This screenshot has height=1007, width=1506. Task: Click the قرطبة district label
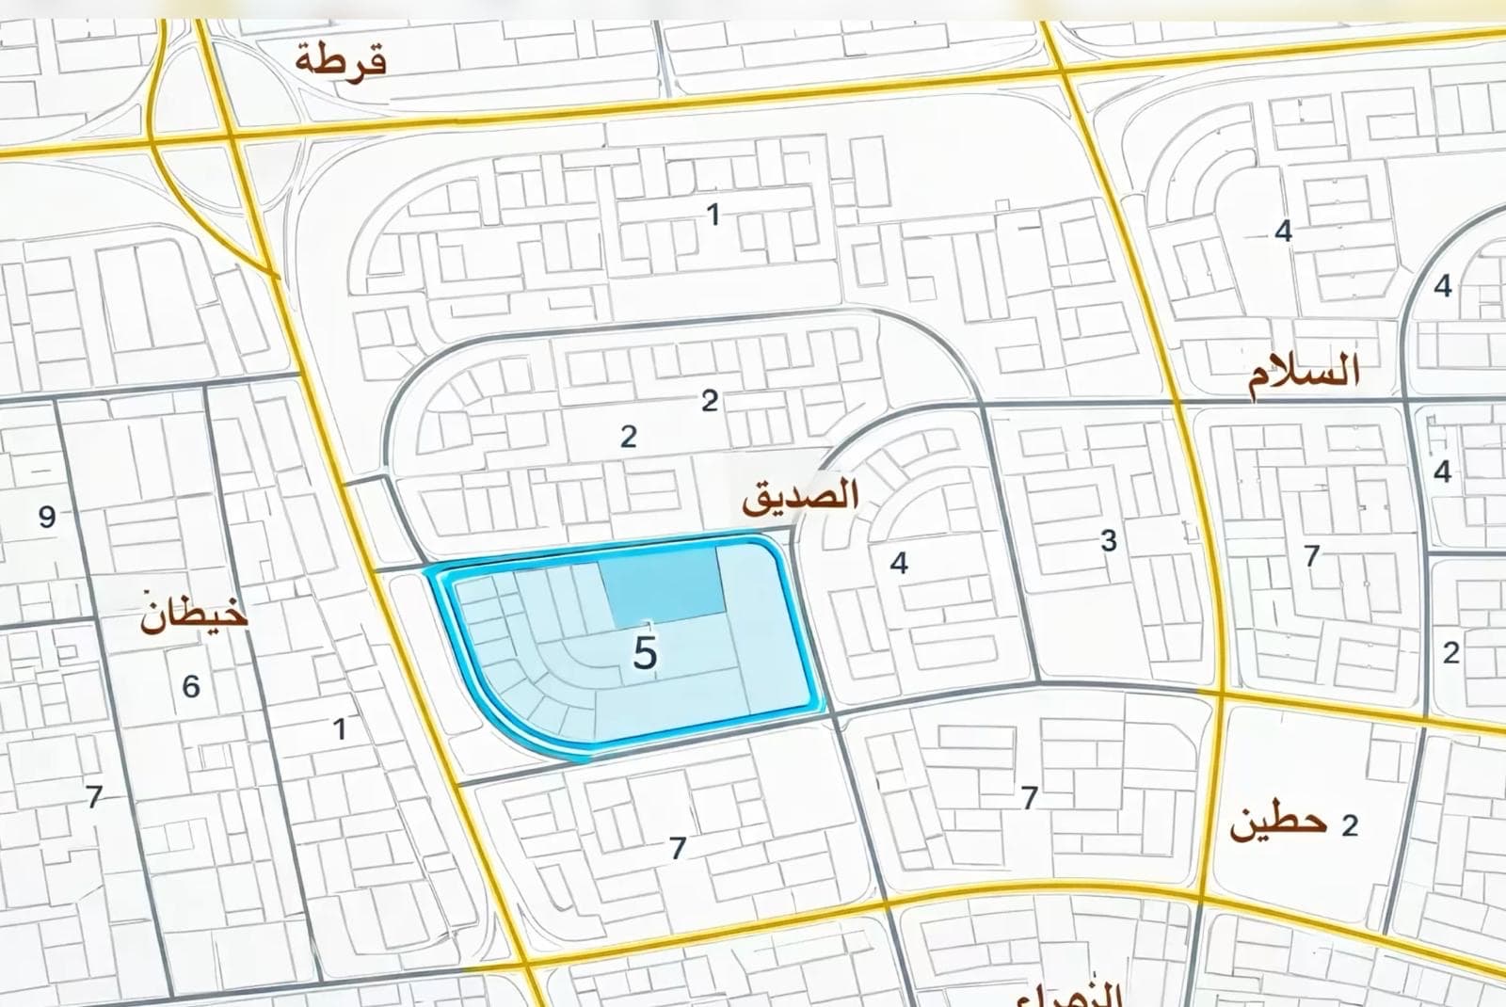coord(341,61)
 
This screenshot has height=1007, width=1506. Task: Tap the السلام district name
coord(1304,374)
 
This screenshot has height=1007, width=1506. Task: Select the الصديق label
coord(800,496)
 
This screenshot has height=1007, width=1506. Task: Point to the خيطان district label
coord(194,613)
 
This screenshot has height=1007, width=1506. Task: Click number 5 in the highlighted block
coord(645,653)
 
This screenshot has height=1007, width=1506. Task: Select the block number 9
coord(47,517)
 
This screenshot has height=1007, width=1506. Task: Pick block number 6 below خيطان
coord(191,686)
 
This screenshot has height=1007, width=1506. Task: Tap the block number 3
coord(1109,541)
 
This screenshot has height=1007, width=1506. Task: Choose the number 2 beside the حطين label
coord(1350,825)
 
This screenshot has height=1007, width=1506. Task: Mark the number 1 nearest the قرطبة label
coord(713,215)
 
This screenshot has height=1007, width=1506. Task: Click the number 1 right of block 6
coord(340,727)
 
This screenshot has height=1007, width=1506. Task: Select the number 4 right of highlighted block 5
coord(899,563)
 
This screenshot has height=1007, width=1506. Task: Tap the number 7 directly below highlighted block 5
coord(678,848)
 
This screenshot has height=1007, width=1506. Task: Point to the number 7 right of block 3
coord(1311,555)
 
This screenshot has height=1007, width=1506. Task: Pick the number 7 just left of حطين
coord(1030,798)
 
